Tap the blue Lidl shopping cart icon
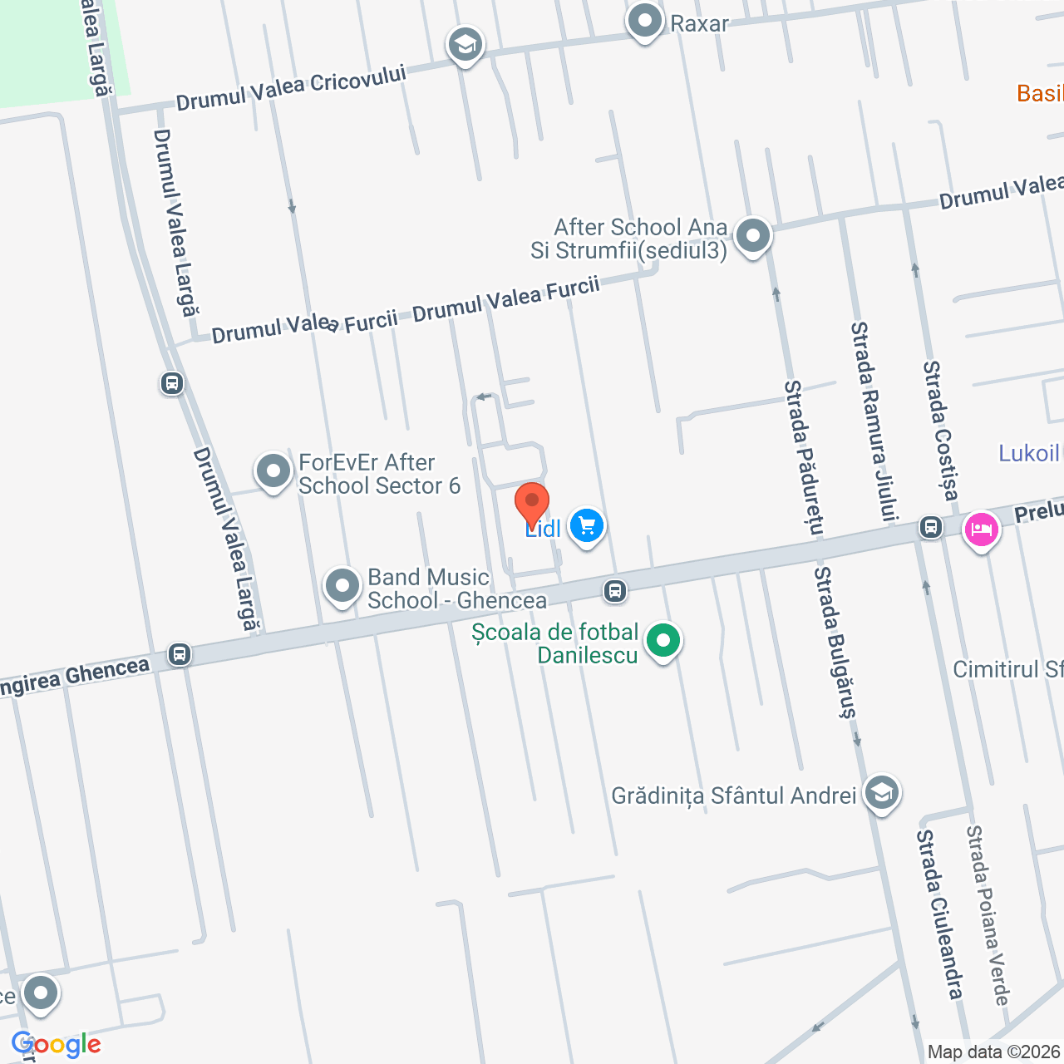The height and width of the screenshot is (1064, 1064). tap(587, 526)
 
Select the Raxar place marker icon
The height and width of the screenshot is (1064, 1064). tap(644, 21)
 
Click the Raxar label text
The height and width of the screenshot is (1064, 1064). tap(699, 23)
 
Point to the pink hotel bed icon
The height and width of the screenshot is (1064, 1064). tap(981, 530)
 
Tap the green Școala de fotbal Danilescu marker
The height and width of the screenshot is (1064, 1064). tap(663, 642)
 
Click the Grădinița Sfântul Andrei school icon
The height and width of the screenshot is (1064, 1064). tap(881, 793)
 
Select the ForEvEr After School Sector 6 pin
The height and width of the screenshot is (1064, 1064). tap(273, 472)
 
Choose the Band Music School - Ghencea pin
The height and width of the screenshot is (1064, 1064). tap(342, 586)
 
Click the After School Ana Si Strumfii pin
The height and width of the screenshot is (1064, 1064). tap(753, 236)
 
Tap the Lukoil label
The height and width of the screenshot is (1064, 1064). tap(1029, 453)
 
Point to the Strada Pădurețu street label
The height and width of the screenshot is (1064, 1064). tap(805, 457)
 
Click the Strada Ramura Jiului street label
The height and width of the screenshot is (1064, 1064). tap(874, 421)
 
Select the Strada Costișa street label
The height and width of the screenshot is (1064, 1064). tap(941, 431)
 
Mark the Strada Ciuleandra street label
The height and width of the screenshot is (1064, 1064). tap(940, 914)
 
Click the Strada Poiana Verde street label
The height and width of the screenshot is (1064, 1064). tap(988, 915)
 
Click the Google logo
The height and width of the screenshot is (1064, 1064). tap(57, 1044)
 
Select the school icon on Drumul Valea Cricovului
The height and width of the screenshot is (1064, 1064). tap(465, 45)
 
